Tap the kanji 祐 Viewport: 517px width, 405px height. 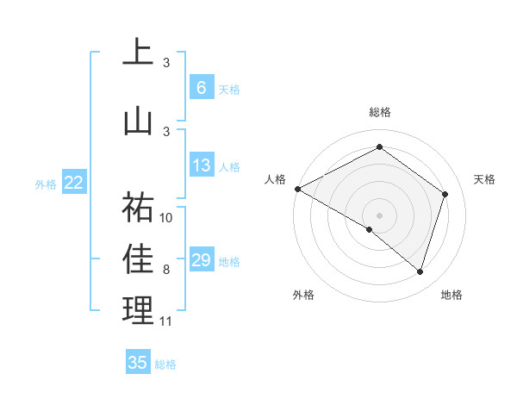point(138,207)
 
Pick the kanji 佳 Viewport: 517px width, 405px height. point(138,259)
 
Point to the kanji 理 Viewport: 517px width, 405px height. point(138,310)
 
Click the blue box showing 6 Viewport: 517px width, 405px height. point(201,87)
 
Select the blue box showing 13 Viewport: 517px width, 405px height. point(201,165)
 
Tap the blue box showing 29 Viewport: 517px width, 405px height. point(201,260)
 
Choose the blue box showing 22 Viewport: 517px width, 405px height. point(74,182)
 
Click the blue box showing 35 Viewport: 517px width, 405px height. point(138,363)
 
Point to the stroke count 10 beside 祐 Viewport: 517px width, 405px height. point(167,217)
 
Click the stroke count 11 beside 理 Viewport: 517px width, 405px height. point(166,321)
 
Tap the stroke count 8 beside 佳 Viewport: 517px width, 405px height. point(166,270)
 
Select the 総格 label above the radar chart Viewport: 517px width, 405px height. point(379,113)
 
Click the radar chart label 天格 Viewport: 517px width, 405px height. point(484,179)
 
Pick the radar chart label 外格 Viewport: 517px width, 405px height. point(302,295)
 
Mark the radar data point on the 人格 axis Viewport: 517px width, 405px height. point(297,188)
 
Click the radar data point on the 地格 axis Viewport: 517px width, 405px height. point(420,271)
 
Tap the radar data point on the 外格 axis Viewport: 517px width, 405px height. point(370,229)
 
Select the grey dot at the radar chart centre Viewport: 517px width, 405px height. point(379,215)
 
